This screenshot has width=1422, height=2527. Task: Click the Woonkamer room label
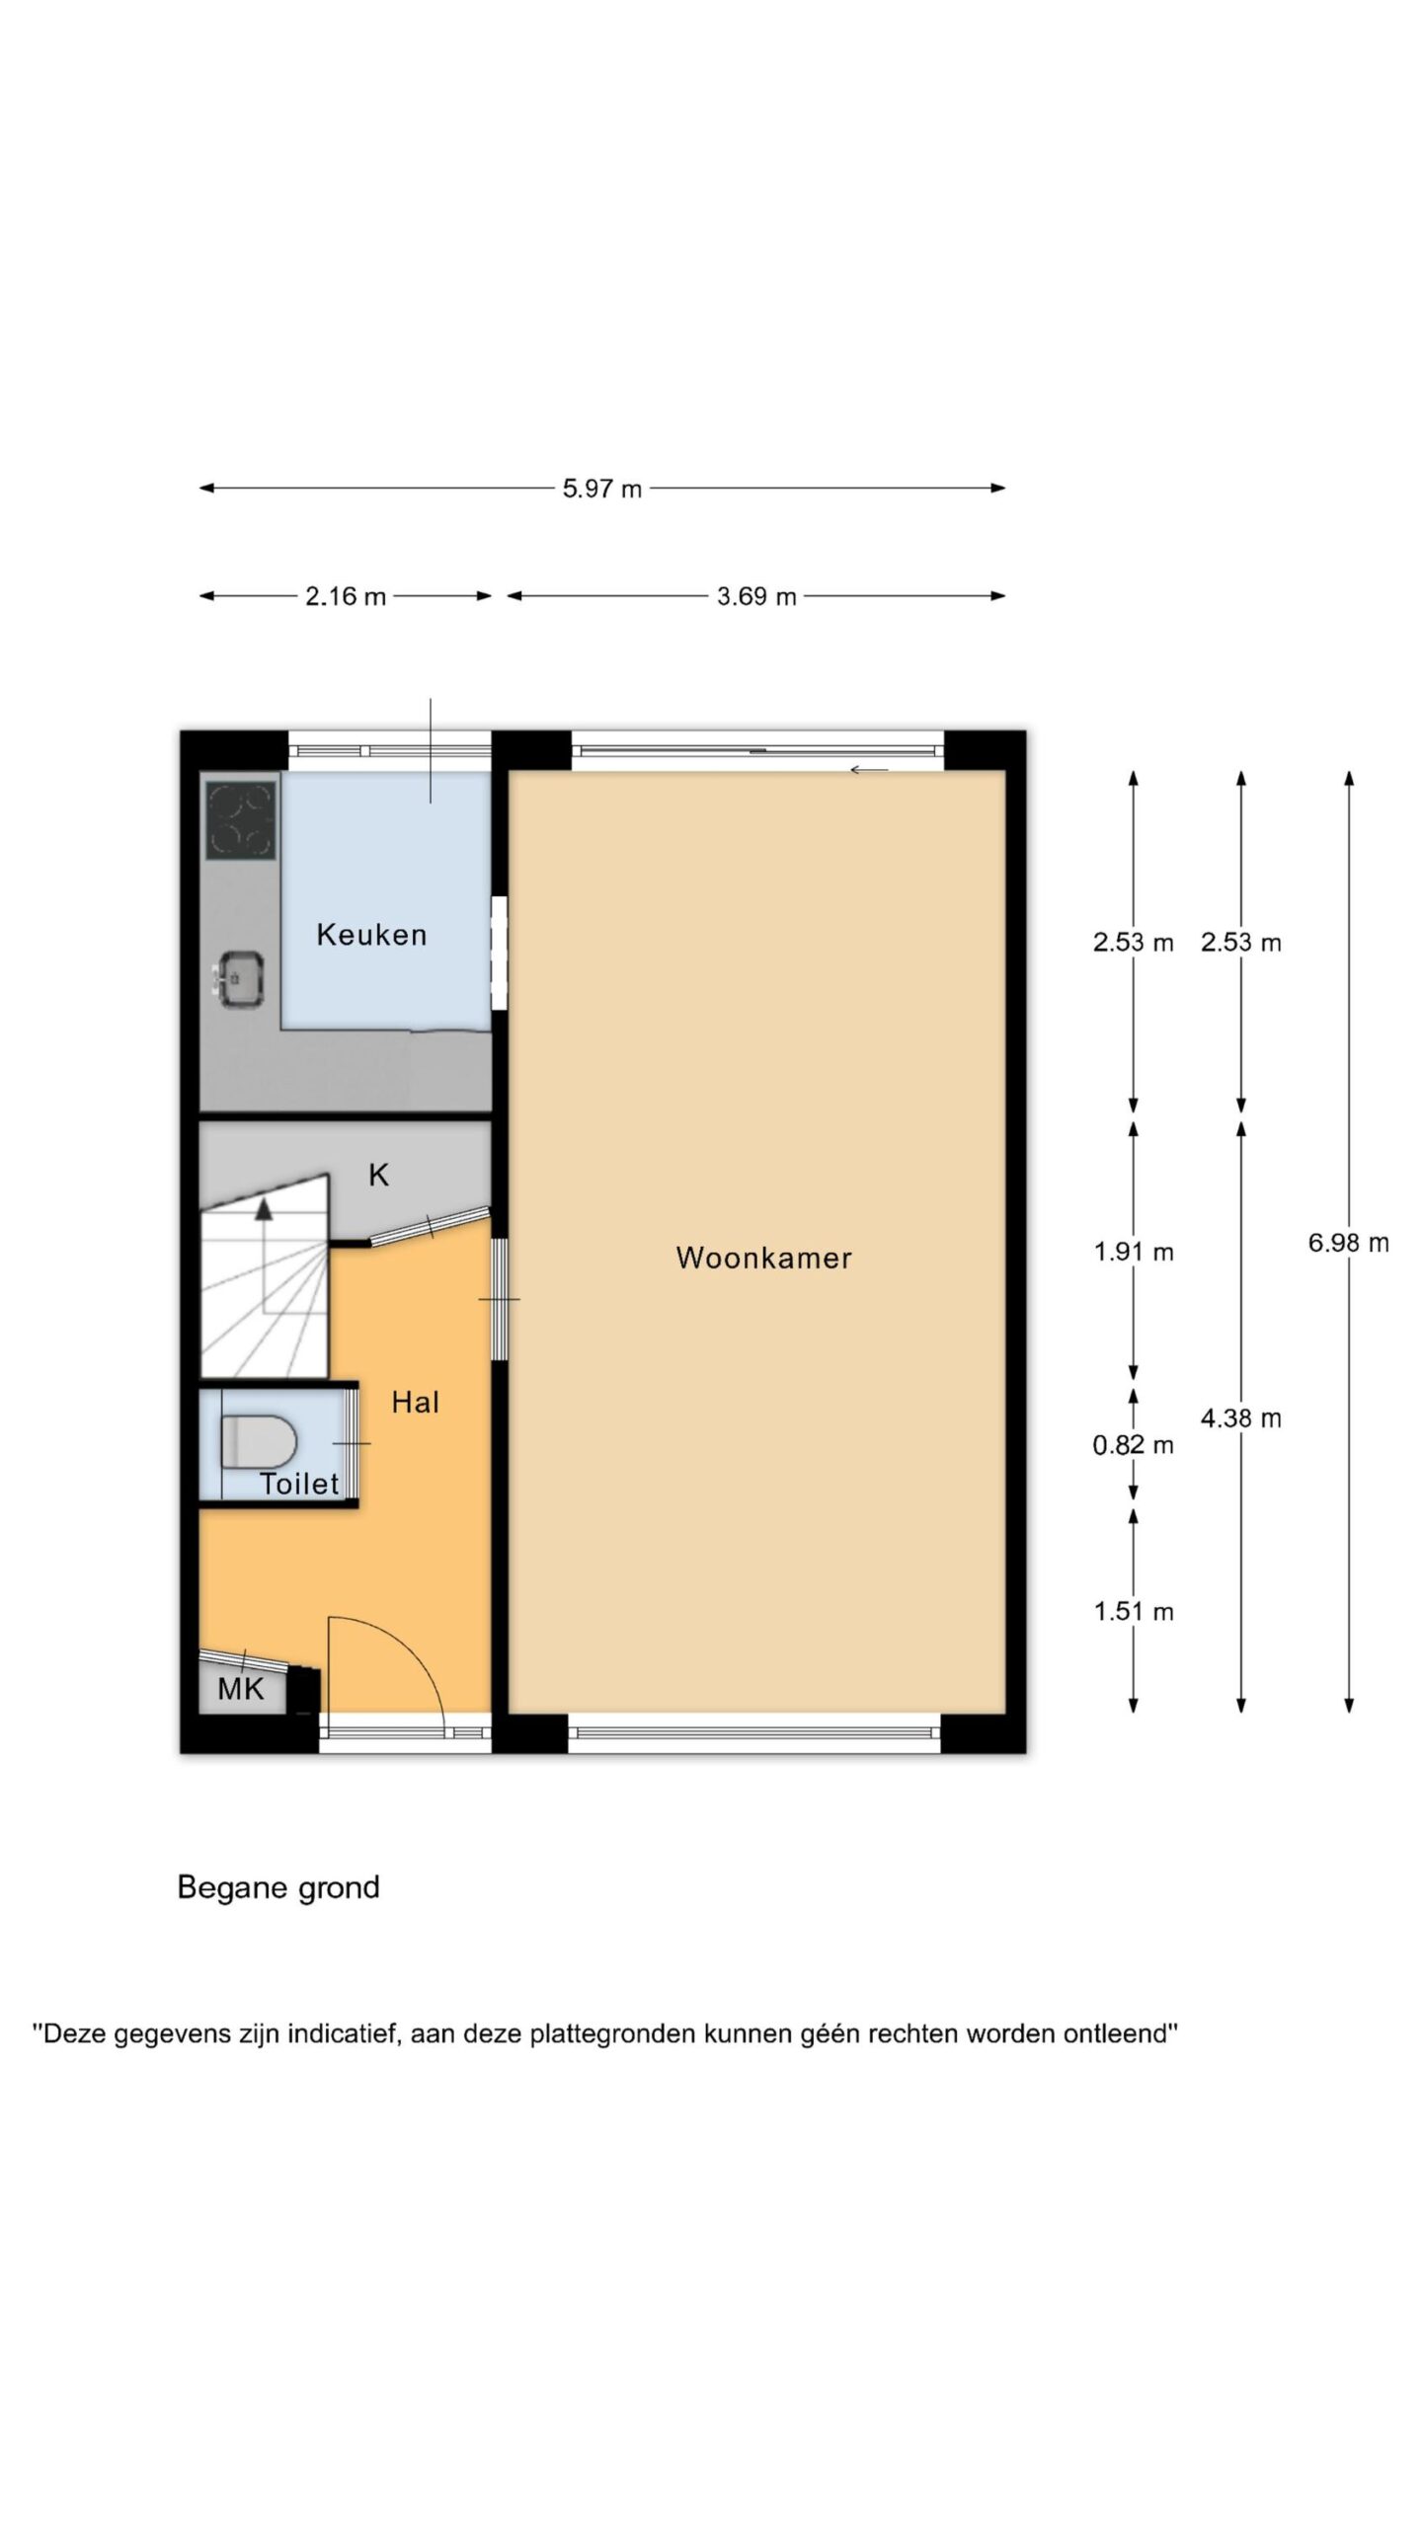(763, 1258)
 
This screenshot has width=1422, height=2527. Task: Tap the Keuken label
(371, 935)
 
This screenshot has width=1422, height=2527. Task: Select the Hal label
(415, 1403)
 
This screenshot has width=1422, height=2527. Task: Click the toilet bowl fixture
(258, 1443)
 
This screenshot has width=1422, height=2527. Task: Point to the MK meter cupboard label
(241, 1689)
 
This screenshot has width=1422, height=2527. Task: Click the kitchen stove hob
(241, 820)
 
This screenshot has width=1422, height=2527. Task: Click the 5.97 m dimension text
(602, 489)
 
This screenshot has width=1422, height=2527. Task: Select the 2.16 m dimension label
(346, 596)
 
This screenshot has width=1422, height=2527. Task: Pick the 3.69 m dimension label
(756, 596)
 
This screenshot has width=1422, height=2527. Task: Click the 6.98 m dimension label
(1349, 1243)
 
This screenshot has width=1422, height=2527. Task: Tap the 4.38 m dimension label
(1241, 1419)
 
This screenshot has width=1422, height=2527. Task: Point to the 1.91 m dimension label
(1134, 1253)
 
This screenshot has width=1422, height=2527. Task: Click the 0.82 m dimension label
(1134, 1446)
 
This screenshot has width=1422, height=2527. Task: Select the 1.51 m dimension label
(1134, 1612)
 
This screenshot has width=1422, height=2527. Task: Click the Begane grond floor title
(278, 1887)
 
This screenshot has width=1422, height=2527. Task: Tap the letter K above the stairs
(378, 1175)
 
